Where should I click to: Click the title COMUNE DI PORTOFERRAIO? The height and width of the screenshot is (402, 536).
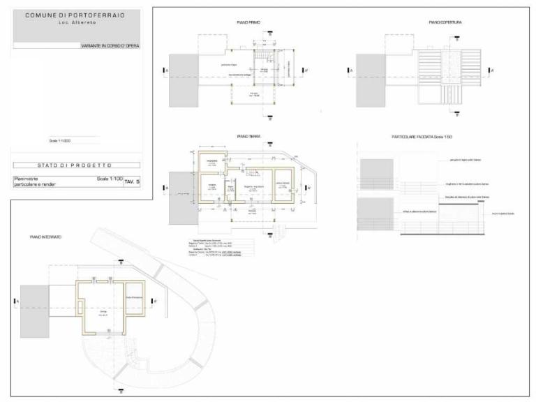[75, 15]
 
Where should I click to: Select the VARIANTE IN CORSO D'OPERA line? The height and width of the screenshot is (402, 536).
[110, 45]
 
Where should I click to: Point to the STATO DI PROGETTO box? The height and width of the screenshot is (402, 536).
[75, 165]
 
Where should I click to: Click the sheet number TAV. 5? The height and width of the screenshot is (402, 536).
[133, 181]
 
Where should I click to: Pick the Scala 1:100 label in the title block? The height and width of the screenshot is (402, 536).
[109, 179]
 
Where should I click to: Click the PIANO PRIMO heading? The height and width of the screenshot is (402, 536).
[248, 22]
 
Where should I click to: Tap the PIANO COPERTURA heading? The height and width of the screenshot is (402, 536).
[445, 22]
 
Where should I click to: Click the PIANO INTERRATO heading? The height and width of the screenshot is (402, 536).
[45, 237]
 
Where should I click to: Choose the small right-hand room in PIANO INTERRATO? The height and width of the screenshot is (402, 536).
[133, 299]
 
